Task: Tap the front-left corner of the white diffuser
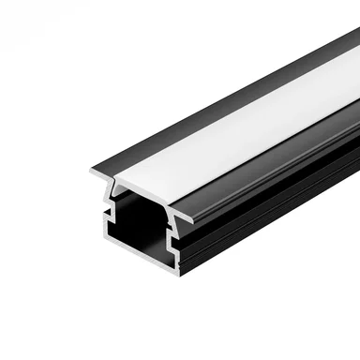coord(116,179)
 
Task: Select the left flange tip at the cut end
coord(93,172)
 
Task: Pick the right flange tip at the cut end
coord(192,221)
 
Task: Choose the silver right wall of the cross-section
coord(174,248)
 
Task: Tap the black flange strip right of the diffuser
coord(281,150)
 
